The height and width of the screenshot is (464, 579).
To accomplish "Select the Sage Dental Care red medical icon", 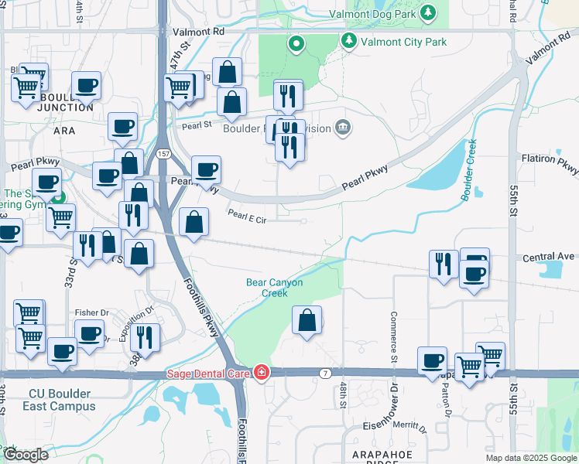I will tap(262, 374).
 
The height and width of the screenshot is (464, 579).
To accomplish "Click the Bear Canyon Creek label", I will tap(274, 288).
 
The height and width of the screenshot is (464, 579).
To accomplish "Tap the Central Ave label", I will tap(549, 256).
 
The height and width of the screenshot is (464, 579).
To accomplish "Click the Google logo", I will tap(25, 455).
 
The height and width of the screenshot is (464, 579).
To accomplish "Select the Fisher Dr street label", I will tap(92, 312).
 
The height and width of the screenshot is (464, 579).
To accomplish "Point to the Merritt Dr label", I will tap(410, 426).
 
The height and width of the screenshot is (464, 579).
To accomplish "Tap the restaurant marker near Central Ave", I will tap(444, 264).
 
